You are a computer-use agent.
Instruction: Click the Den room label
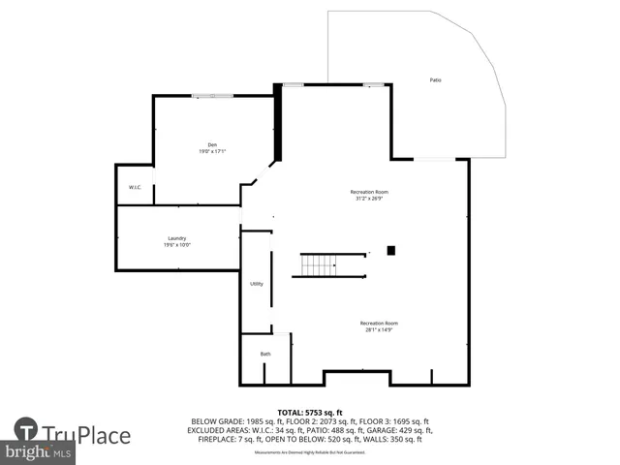click(x=211, y=144)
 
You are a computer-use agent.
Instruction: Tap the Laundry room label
click(x=176, y=238)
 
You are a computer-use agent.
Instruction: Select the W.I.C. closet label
click(x=135, y=187)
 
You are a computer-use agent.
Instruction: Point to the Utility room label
click(x=257, y=284)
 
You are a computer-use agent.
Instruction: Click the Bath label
click(x=265, y=354)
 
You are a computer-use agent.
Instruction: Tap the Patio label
click(x=436, y=79)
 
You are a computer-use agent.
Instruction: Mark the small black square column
click(x=391, y=251)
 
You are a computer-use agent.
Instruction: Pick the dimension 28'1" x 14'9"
click(x=379, y=331)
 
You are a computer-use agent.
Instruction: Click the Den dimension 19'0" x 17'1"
click(x=211, y=152)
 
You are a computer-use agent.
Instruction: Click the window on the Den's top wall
click(x=211, y=95)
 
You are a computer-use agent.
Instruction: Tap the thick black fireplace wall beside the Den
click(x=278, y=122)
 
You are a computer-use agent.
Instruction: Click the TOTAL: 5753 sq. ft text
click(x=310, y=413)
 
